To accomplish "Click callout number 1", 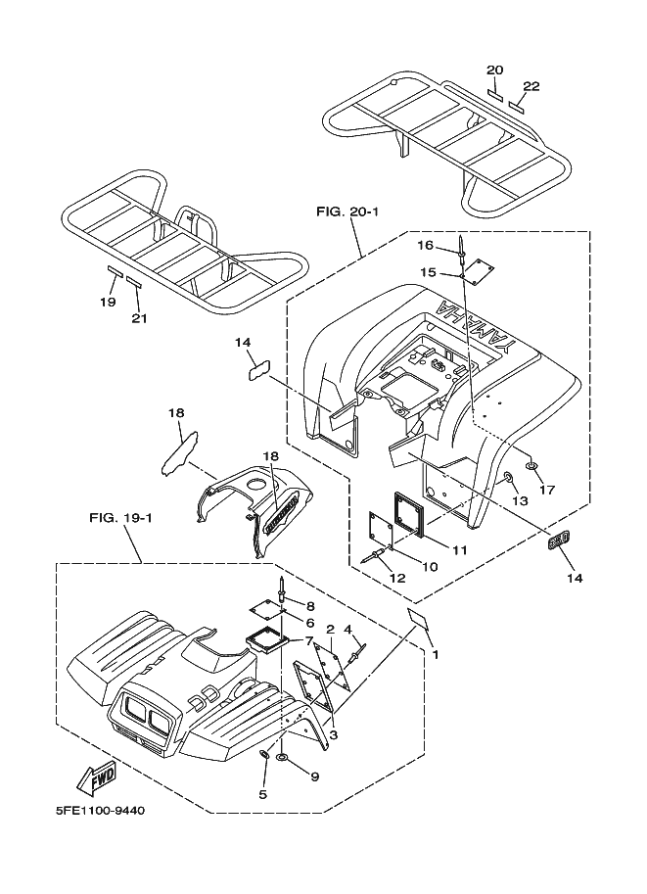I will pos(436,654).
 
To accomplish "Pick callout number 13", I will pos(521,500).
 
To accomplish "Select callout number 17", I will pos(546,490).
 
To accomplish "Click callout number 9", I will pos(314,776).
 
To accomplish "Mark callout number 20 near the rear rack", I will pos(494,70).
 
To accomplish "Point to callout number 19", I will pos(108,303).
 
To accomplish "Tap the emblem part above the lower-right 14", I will pos(558,541).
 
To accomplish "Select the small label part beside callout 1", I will pos(419,618).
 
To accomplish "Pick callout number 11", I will pos(459,550).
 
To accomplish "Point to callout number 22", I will pos(531,86).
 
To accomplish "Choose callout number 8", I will pos(310,607).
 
